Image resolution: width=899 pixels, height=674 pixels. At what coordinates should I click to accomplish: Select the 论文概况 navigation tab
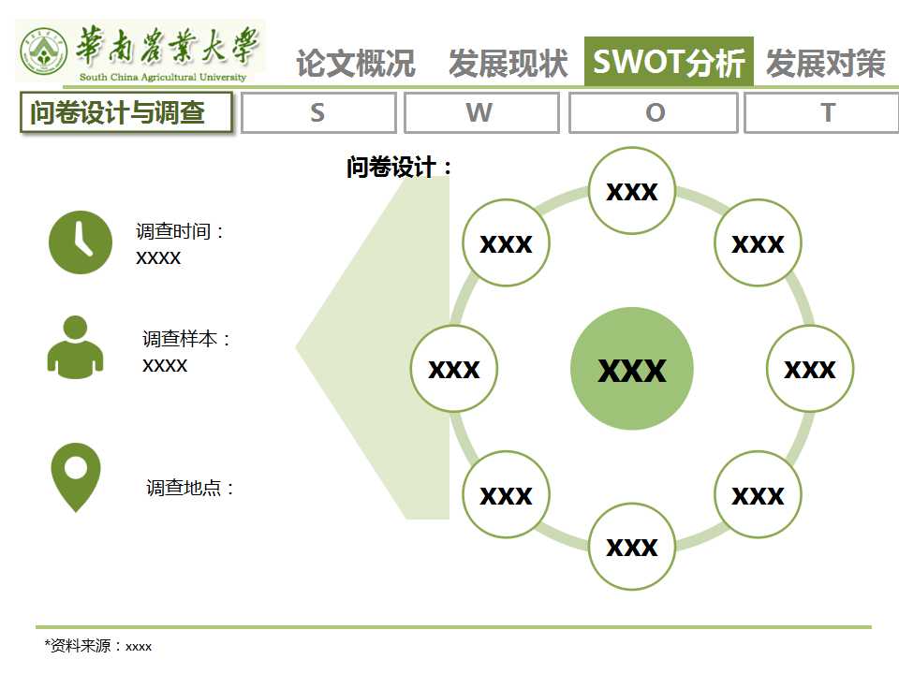tap(356, 63)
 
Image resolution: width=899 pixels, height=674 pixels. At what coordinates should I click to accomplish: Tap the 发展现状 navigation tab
tap(508, 63)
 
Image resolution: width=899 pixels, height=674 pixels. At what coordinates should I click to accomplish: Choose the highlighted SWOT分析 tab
tap(669, 62)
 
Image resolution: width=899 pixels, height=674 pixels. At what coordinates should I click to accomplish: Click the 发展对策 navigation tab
tap(826, 63)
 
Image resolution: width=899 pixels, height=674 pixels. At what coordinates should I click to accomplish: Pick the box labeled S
tap(318, 113)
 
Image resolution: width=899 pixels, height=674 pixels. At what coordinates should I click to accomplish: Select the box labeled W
tap(481, 113)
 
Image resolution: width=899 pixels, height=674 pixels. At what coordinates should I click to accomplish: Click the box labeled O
tap(653, 113)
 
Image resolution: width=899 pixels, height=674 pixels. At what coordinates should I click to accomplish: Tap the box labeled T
tap(821, 113)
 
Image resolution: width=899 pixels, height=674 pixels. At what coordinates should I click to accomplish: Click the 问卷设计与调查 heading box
tap(126, 112)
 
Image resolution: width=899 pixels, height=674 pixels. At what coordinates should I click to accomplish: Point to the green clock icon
tap(81, 242)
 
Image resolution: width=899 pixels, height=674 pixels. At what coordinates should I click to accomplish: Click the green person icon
tap(75, 347)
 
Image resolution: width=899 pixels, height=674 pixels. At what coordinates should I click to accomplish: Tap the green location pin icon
tap(76, 476)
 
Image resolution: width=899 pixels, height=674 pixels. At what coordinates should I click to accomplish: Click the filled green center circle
tap(632, 369)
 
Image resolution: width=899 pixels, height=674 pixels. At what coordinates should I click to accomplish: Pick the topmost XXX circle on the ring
tap(632, 191)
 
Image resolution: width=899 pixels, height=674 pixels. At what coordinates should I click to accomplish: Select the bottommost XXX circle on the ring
tap(632, 547)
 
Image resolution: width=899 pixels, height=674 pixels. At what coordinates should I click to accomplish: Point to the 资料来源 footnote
tap(98, 646)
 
